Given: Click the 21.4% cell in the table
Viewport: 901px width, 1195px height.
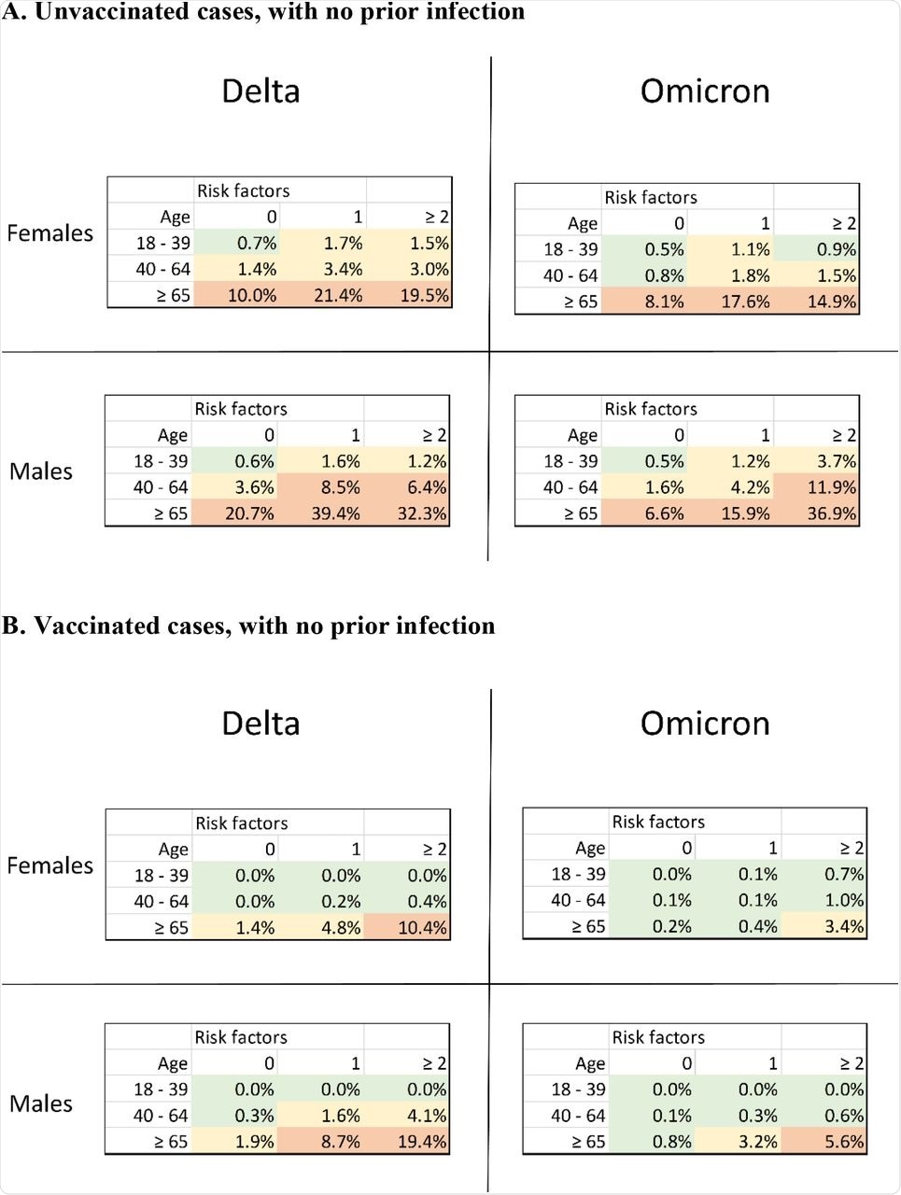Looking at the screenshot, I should pos(337,295).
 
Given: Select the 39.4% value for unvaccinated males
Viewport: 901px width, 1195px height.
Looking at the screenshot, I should pos(334,513).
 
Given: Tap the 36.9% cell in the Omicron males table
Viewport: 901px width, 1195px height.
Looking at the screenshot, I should pos(831,513).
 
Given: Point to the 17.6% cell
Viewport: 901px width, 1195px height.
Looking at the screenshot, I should pos(745,302).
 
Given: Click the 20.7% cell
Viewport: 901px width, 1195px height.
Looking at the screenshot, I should pos(248,513).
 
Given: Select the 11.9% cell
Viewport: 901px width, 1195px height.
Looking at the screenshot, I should pos(831,487).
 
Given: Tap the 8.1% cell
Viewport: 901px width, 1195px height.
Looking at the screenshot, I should pos(664,302).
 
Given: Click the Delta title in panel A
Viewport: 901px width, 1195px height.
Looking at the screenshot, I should pos(260,91).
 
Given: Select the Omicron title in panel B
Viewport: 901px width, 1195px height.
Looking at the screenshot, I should pos(705,724).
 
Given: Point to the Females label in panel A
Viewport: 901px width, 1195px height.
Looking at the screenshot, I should pos(50,233).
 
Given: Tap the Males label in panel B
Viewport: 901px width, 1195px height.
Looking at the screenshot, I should pos(41,1104).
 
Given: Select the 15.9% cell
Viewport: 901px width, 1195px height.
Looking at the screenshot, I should pos(745,513).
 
